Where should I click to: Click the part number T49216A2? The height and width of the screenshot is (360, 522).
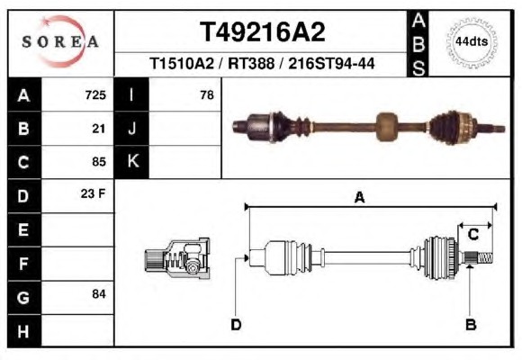[x=262, y=32]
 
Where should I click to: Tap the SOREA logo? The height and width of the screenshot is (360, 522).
[x=60, y=41]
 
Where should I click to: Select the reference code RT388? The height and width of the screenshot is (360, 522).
[x=251, y=63]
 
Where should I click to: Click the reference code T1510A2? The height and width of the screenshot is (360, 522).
[x=182, y=63]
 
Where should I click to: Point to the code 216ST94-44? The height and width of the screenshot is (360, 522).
[x=331, y=63]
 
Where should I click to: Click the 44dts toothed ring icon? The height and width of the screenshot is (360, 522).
[x=472, y=42]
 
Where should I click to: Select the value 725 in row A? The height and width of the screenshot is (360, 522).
[x=95, y=95]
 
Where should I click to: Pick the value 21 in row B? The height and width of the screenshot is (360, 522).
[x=99, y=129]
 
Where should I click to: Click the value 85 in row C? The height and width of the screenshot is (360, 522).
[x=99, y=162]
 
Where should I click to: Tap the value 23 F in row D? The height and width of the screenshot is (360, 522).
[x=93, y=193]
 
